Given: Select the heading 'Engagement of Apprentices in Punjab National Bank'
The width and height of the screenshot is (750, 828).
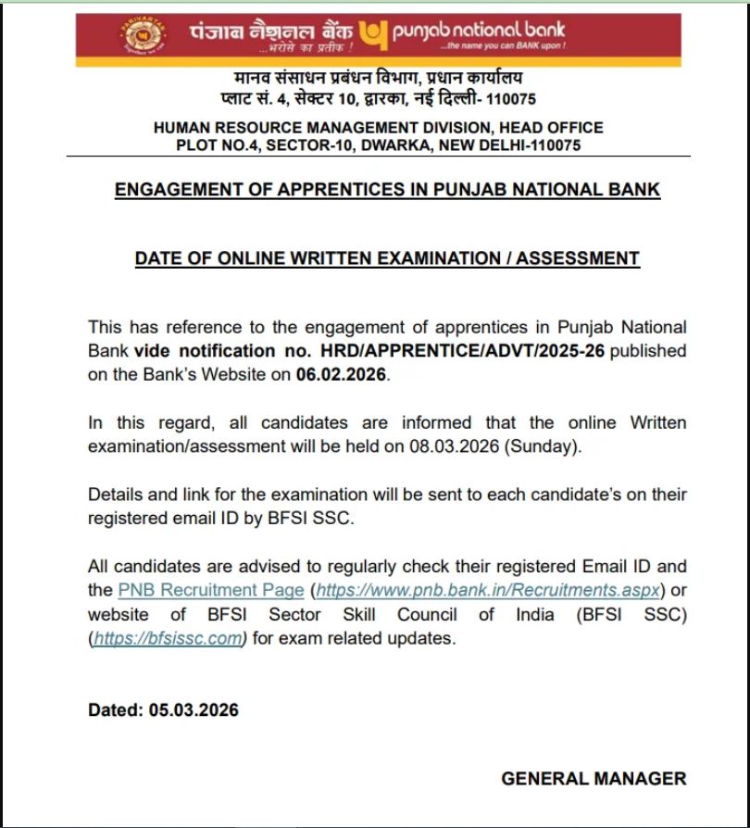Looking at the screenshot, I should [387, 190].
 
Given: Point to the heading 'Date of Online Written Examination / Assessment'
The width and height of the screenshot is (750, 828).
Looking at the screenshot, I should [387, 258].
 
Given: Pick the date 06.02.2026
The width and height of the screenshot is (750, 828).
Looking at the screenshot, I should [343, 375].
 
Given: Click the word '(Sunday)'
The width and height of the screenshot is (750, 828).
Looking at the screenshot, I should [553, 446].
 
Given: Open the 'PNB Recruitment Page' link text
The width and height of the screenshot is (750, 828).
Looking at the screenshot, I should [211, 590].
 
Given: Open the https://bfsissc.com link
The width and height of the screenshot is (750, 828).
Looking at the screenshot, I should [169, 638].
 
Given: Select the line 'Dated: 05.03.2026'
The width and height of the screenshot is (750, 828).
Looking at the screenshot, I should [163, 710].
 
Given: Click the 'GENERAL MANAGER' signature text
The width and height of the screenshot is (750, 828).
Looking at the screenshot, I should [594, 779].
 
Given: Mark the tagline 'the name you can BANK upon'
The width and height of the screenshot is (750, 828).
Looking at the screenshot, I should [505, 46].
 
